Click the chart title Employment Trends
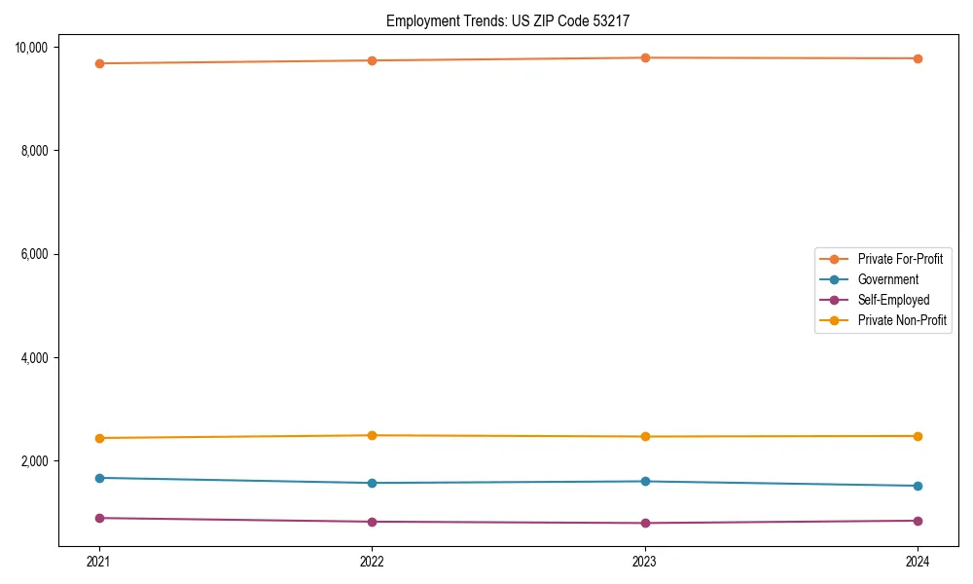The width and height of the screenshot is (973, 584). pyautogui.click(x=514, y=20)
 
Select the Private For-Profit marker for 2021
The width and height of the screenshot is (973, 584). pyautogui.click(x=98, y=63)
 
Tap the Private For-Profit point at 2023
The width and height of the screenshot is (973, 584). pyautogui.click(x=645, y=57)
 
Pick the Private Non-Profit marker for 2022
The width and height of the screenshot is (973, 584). pyautogui.click(x=372, y=435)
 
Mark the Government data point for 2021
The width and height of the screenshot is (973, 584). pyautogui.click(x=98, y=478)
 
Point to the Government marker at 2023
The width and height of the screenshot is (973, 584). pyautogui.click(x=645, y=481)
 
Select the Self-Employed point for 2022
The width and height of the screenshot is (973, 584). pyautogui.click(x=372, y=522)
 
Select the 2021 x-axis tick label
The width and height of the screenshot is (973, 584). pyautogui.click(x=98, y=561)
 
